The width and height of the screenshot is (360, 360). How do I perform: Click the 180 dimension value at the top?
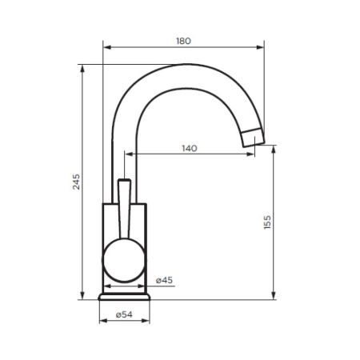pyautogui.click(x=183, y=41)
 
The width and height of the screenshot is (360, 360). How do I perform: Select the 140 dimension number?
pyautogui.click(x=189, y=149)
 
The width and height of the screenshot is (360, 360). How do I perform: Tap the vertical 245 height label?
pyautogui.click(x=76, y=183)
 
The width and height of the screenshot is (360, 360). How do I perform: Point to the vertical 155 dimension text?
pyautogui.click(x=267, y=223)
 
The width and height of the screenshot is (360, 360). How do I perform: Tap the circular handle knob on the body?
pyautogui.click(x=123, y=263)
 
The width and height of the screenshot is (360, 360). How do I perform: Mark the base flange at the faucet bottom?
pyautogui.click(x=124, y=295)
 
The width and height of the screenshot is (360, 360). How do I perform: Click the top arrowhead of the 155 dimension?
pyautogui.click(x=274, y=150)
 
